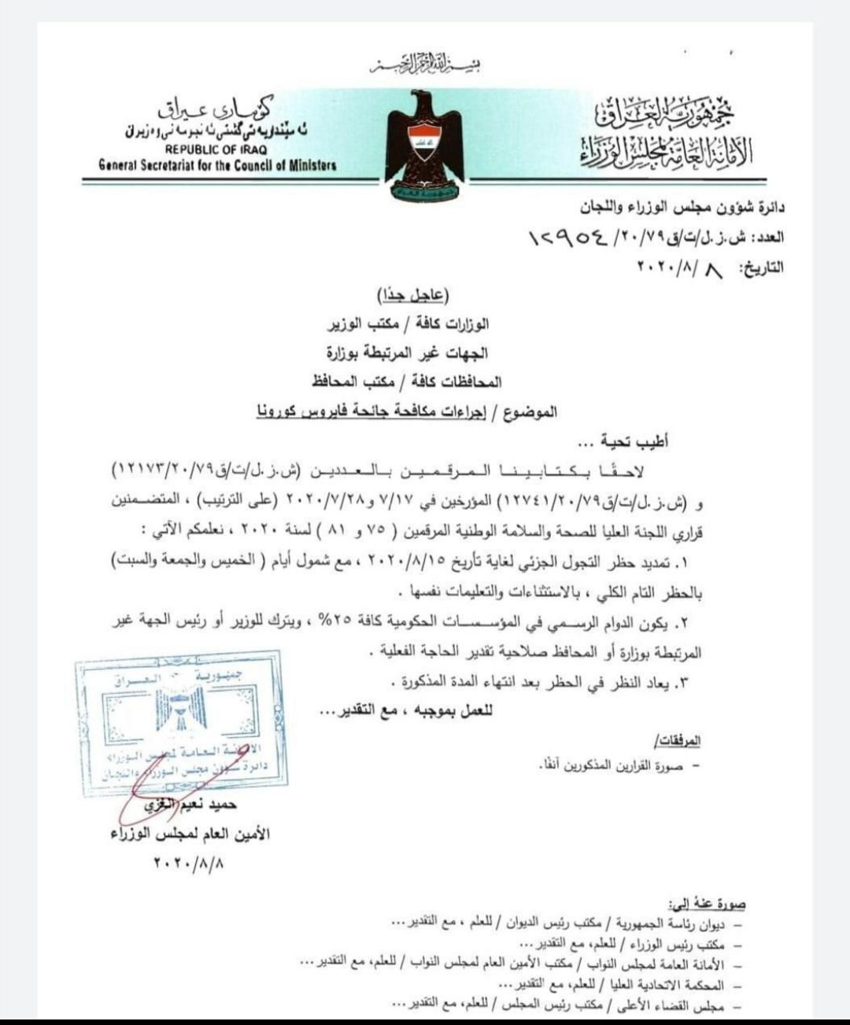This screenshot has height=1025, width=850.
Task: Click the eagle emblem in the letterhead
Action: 424,138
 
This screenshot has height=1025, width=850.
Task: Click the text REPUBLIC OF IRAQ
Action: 216,149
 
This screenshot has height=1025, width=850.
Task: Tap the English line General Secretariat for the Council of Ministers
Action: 217,165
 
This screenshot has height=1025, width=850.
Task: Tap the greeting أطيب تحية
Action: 629,441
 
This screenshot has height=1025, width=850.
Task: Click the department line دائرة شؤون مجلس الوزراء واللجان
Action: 682,208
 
